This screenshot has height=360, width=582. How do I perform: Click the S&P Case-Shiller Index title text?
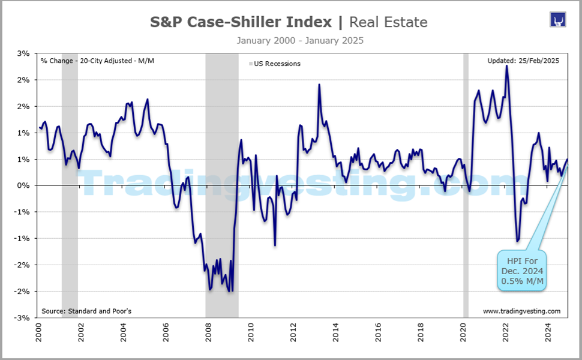point(240,23)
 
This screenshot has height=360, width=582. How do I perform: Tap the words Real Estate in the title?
point(388,23)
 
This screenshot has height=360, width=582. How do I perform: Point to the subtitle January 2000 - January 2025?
point(300,41)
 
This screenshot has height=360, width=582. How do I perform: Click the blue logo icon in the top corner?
point(558,20)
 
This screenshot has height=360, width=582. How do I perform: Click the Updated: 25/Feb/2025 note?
point(524,61)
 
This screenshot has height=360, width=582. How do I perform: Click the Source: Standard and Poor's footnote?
point(86,311)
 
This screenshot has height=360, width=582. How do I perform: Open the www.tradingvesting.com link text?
point(521,311)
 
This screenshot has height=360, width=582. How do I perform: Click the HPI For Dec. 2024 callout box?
point(521,271)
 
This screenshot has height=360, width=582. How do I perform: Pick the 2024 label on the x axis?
point(548,332)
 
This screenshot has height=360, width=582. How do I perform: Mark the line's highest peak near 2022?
point(507,65)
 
